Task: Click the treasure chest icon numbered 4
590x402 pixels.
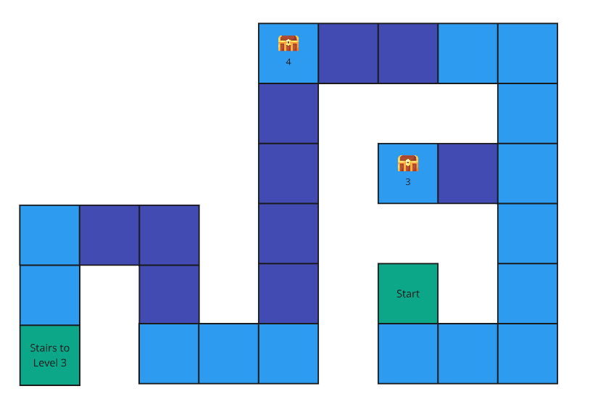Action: click(x=288, y=43)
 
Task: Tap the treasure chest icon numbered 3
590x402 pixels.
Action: click(x=408, y=163)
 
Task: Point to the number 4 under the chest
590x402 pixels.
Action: click(x=288, y=62)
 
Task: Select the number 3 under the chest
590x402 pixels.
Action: click(x=407, y=182)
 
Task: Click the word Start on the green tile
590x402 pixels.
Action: click(x=408, y=294)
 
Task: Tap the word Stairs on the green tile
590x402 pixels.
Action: click(x=49, y=348)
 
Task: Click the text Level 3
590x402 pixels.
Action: click(x=49, y=362)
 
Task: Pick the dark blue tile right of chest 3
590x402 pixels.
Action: click(x=468, y=173)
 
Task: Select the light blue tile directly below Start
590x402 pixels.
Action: click(x=408, y=353)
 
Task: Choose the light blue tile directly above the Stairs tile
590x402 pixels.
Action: click(x=49, y=295)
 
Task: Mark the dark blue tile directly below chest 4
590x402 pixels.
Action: click(x=288, y=113)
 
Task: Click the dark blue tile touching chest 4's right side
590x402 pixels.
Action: click(x=348, y=53)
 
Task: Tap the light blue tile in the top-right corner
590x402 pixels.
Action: click(x=528, y=53)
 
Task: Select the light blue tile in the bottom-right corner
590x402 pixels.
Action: click(x=528, y=353)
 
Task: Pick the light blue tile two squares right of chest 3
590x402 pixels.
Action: click(x=528, y=173)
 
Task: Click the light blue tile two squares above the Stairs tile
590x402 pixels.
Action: click(x=49, y=234)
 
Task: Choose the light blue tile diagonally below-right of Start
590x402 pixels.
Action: click(x=468, y=353)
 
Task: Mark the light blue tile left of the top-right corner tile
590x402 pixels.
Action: click(x=468, y=53)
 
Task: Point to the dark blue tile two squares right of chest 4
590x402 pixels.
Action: click(x=408, y=53)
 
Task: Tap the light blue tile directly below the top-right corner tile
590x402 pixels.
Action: click(x=528, y=113)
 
